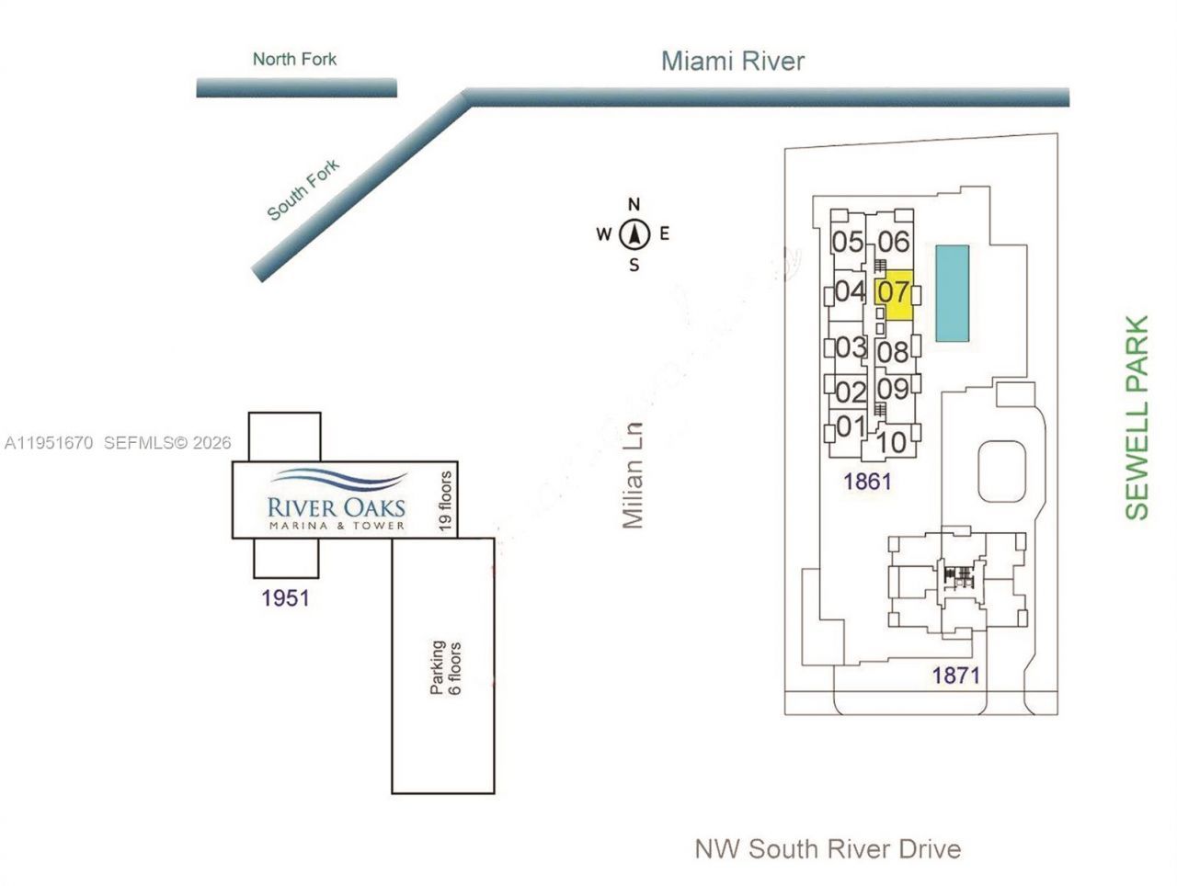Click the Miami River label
pos(733,62)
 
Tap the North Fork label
pos(294,60)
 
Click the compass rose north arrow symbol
pos(634,234)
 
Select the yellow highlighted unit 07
pos(894,294)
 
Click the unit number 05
pos(848,242)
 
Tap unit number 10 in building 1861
pos(891,442)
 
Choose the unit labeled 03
pos(851,347)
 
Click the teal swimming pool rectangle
pos(952,293)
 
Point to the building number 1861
pos(867,481)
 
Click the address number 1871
pos(955,676)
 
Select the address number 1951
pos(285,598)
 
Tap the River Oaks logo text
pos(336,506)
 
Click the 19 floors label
pos(445,501)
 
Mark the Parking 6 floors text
pos(446,667)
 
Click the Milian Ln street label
pos(632,475)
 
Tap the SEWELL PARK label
pos(1137,418)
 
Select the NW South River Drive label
pos(828,848)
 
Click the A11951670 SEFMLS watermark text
pos(117,443)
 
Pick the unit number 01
pos(851,426)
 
